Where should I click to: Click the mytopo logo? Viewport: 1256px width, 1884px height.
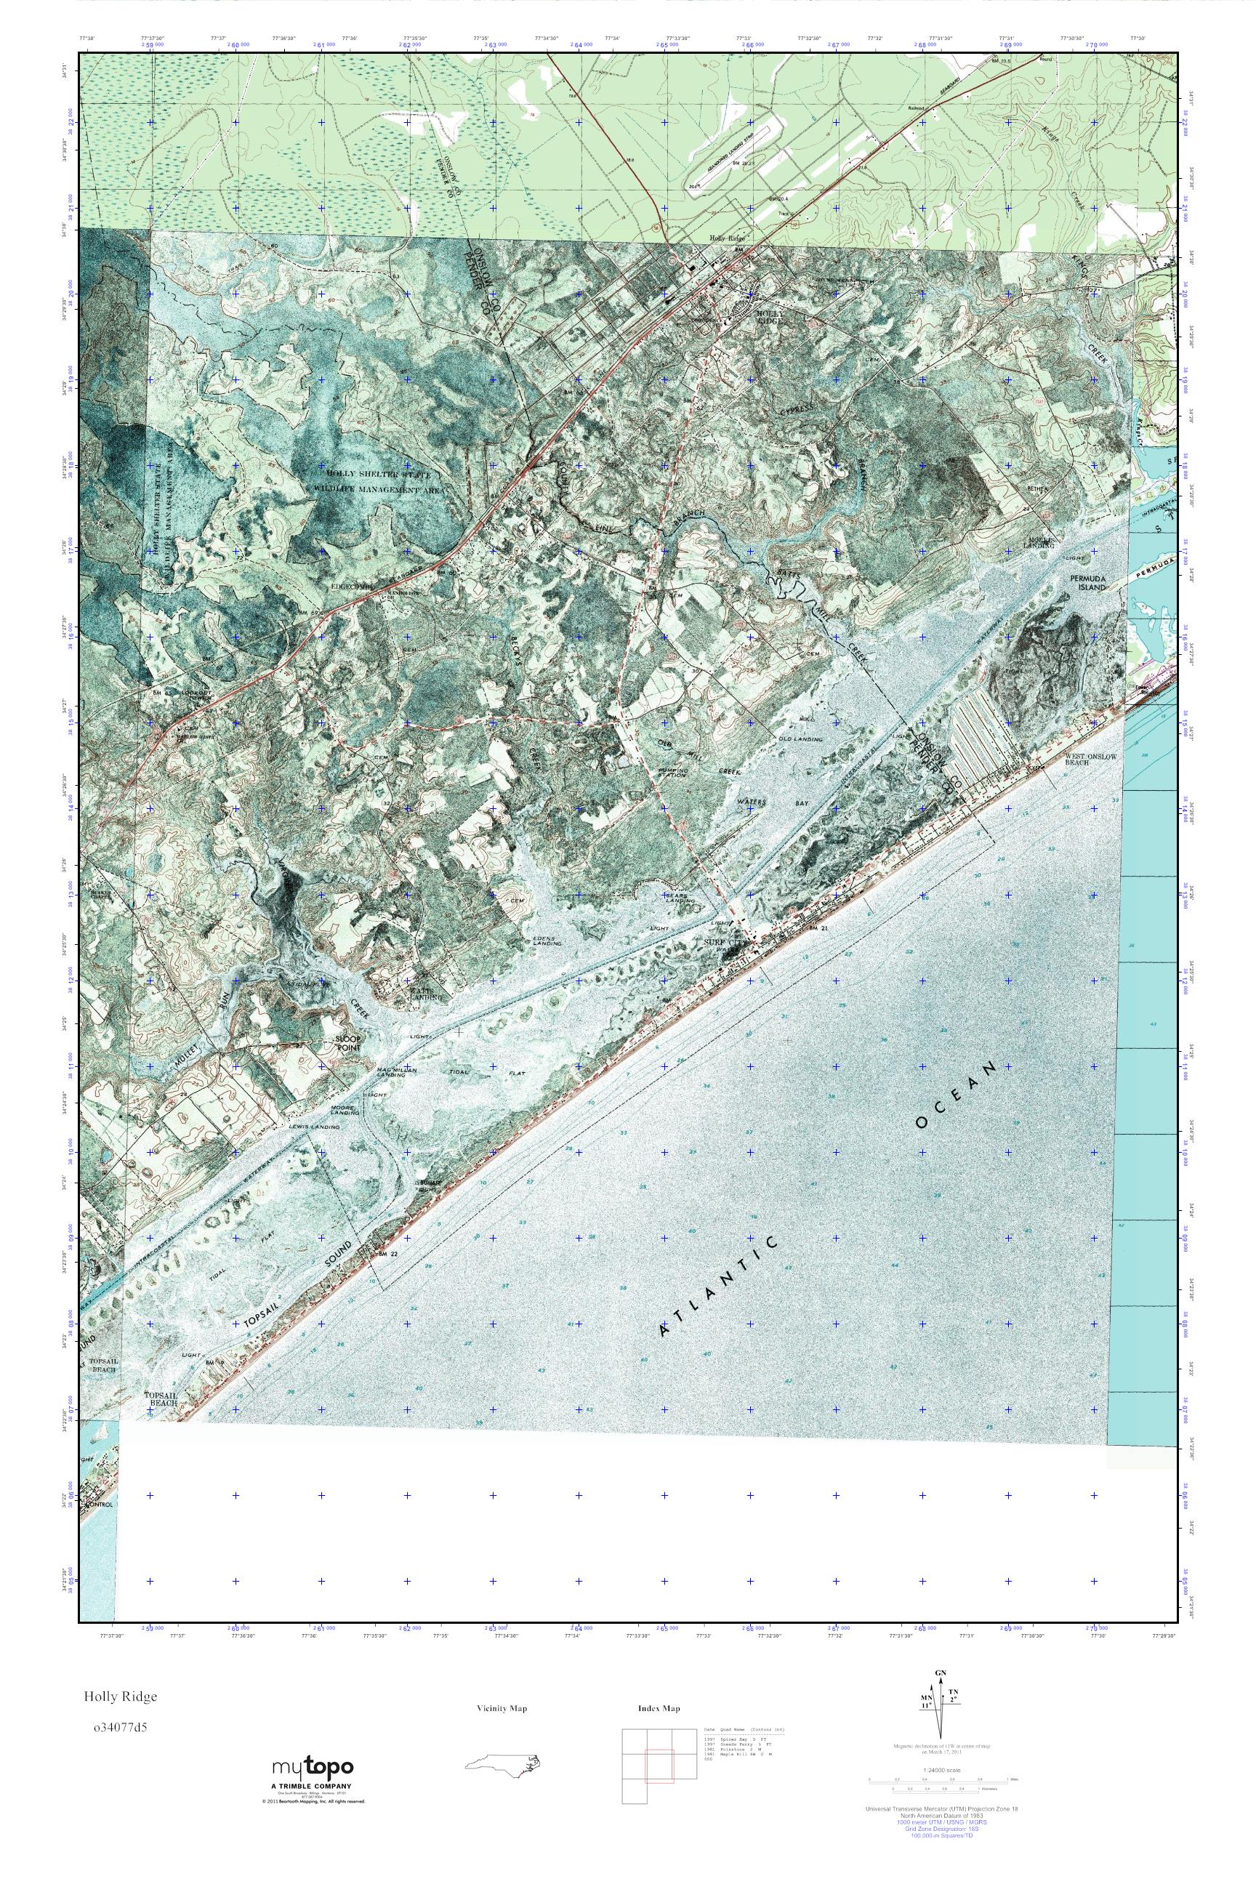pos(312,1767)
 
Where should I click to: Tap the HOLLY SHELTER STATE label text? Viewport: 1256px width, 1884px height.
pos(372,474)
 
